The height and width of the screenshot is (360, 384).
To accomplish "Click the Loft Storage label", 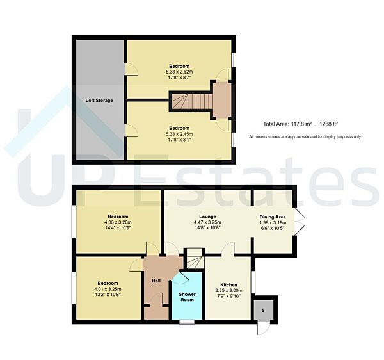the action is pyautogui.click(x=99, y=100).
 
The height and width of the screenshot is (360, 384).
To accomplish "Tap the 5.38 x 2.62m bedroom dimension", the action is pyautogui.click(x=179, y=72).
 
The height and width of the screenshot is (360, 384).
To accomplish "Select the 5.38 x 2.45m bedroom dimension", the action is pyautogui.click(x=179, y=134).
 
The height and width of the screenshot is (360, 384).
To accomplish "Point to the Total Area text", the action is pyautogui.click(x=301, y=124).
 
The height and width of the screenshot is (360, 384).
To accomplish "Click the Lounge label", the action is pyautogui.click(x=207, y=217).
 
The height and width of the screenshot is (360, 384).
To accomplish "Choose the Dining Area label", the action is pyautogui.click(x=273, y=217).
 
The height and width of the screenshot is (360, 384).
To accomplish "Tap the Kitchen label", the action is pyautogui.click(x=228, y=285).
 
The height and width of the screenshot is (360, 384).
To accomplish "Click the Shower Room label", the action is pyautogui.click(x=187, y=297).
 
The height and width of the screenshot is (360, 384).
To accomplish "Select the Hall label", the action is pyautogui.click(x=156, y=281).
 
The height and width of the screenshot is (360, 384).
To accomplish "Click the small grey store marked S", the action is pyautogui.click(x=264, y=310).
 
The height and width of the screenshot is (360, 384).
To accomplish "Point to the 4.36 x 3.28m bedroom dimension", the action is pyautogui.click(x=118, y=222).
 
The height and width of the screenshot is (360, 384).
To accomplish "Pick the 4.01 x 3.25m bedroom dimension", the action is pyautogui.click(x=108, y=289).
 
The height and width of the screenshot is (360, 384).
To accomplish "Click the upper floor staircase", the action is pyautogui.click(x=191, y=101).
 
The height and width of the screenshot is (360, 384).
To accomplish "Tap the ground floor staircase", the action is pyautogui.click(x=195, y=258).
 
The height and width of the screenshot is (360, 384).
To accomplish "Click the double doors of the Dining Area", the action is pyautogui.click(x=300, y=222).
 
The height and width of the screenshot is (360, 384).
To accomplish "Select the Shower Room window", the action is pyautogui.click(x=187, y=322).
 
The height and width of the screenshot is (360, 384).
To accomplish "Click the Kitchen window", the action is pyautogui.click(x=253, y=282).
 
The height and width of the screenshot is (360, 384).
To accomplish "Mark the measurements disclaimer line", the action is pyautogui.click(x=305, y=136).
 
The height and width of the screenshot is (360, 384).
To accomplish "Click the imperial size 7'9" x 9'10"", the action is pyautogui.click(x=228, y=296).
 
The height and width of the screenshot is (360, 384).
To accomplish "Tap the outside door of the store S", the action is pyautogui.click(x=263, y=329).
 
